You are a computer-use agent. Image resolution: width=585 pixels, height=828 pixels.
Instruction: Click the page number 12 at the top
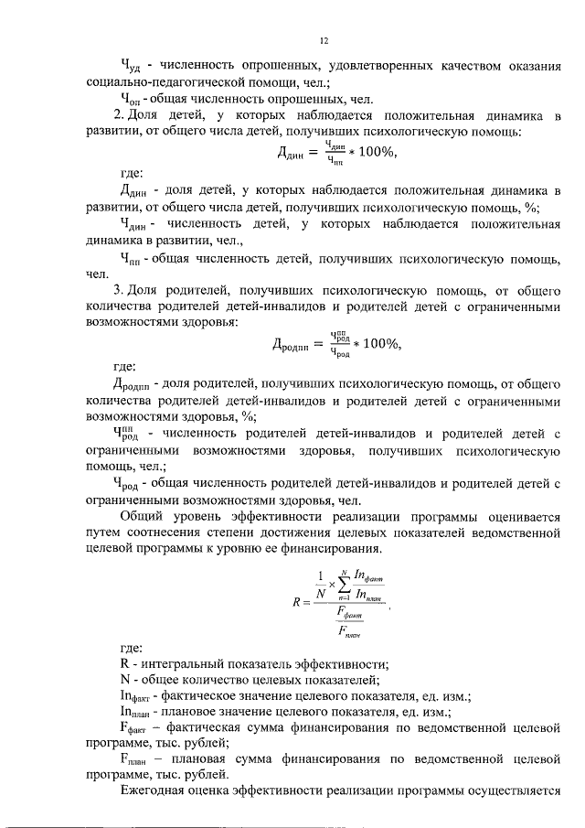coord(324,40)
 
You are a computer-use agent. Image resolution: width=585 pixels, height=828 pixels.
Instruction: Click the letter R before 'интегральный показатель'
coord(125,663)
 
